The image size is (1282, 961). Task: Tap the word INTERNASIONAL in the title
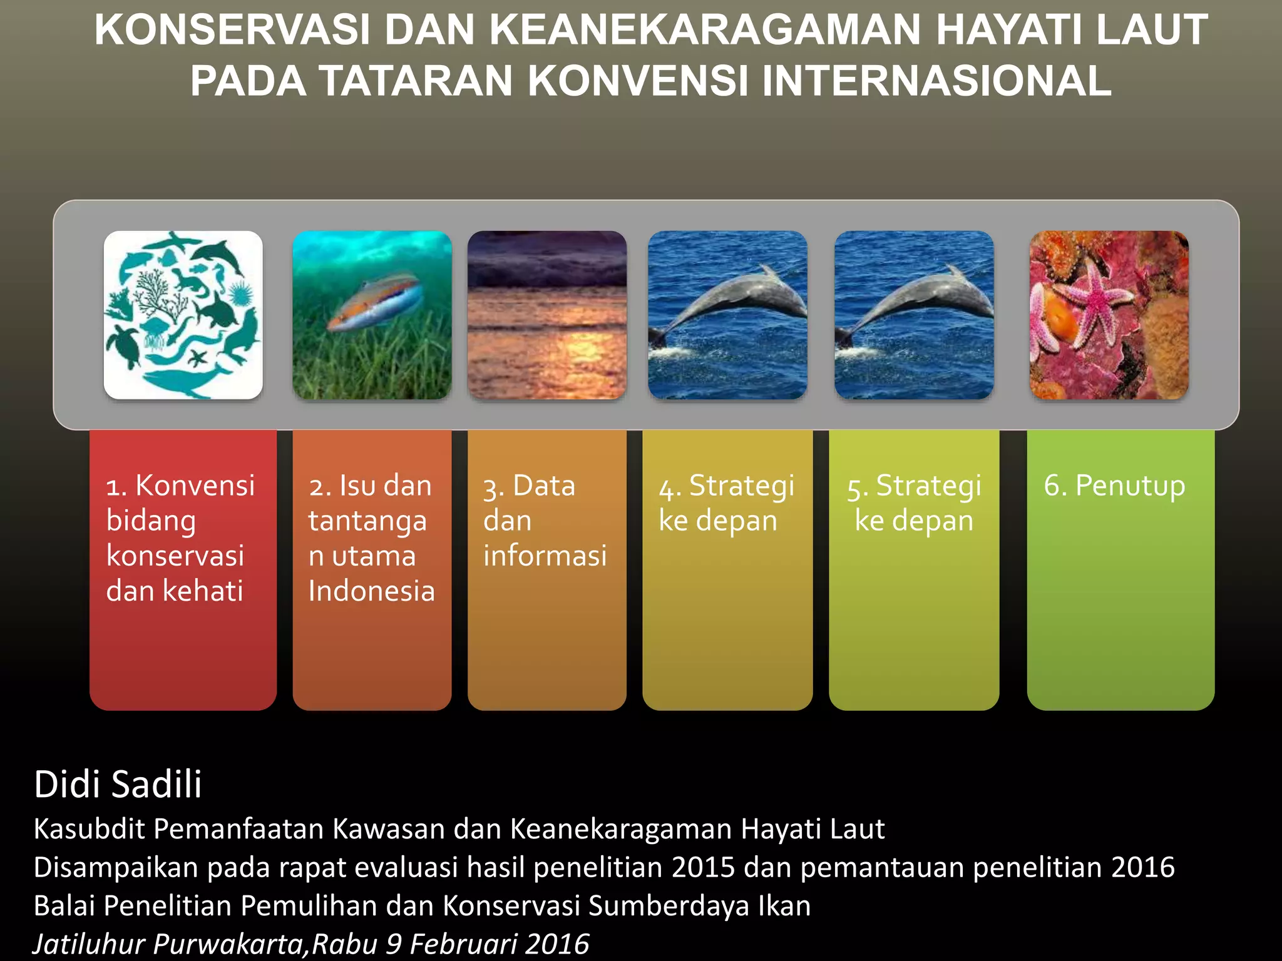pos(936,81)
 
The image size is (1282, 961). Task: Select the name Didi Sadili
pos(118,784)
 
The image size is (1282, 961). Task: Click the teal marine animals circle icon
pos(183,315)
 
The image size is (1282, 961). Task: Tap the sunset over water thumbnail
pos(546,315)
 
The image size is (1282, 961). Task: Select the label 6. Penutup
pos(1114,486)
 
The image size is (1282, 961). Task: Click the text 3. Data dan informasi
pos(543,521)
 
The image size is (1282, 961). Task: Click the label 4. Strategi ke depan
pos(726,503)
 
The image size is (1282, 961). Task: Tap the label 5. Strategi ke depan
pos(914,503)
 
